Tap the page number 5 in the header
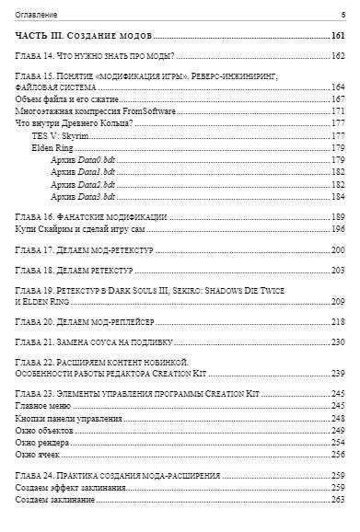tap(342, 15)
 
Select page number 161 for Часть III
tap(337, 36)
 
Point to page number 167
tap(337, 98)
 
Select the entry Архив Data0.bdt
tap(83, 160)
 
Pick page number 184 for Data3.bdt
tap(337, 196)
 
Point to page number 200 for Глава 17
tap(337, 249)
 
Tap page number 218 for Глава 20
tap(337, 322)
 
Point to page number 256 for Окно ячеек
tap(337, 454)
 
